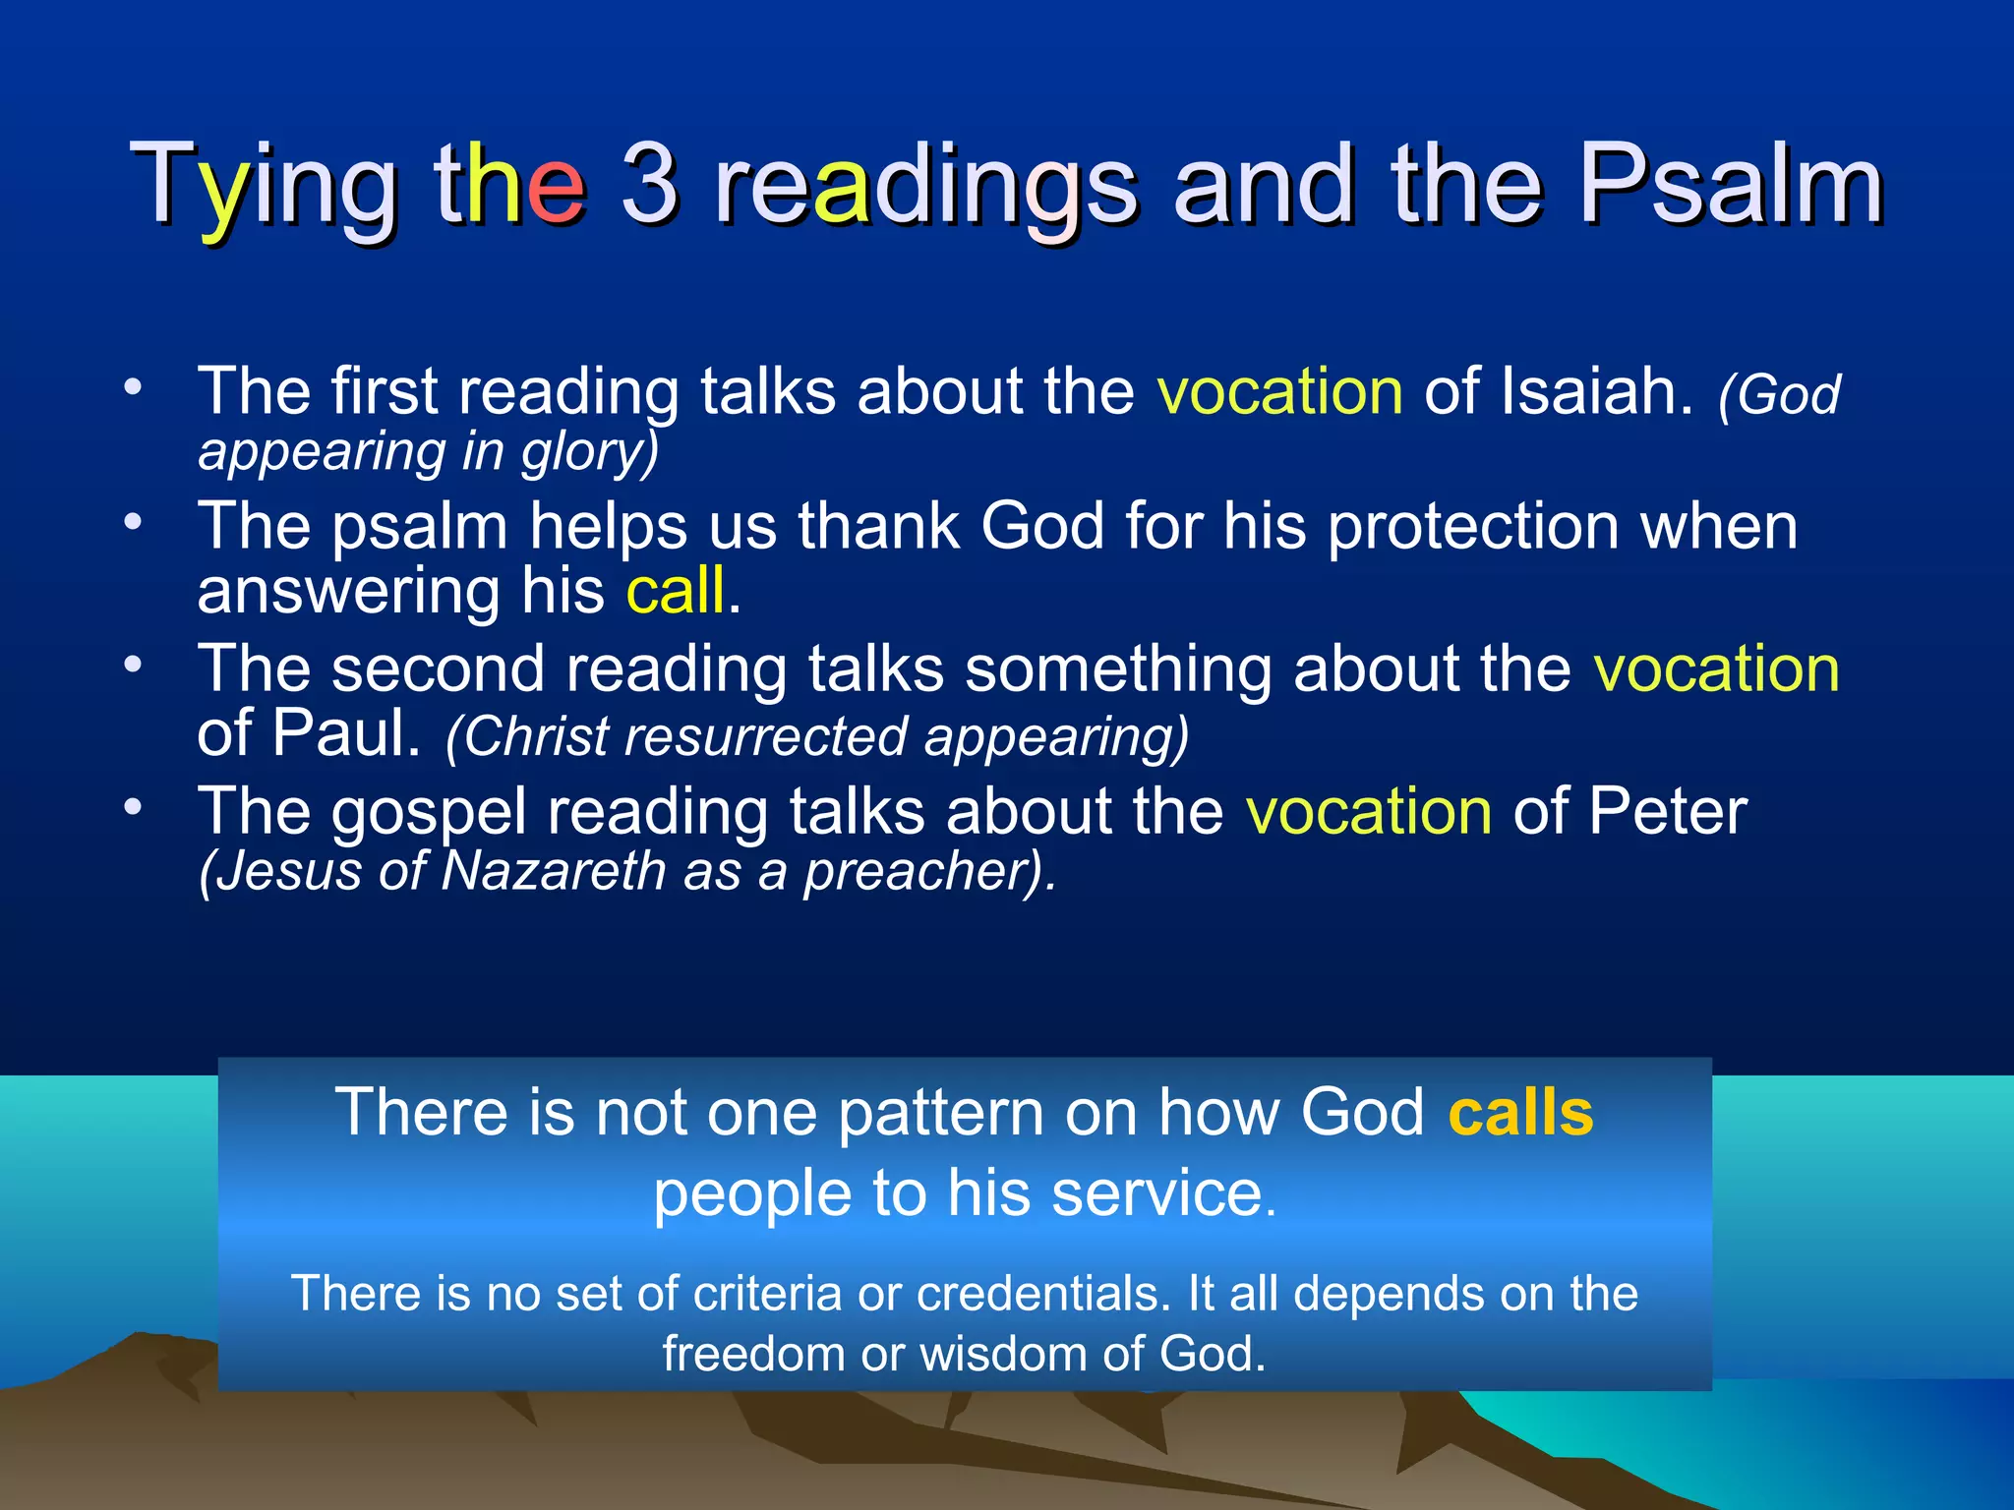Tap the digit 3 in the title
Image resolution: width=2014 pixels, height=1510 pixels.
[649, 185]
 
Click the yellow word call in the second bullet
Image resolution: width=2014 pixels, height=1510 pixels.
[677, 591]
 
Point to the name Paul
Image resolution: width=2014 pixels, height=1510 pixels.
[346, 733]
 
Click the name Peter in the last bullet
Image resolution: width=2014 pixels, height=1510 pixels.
[1667, 812]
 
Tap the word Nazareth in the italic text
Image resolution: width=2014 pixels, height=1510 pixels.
[554, 871]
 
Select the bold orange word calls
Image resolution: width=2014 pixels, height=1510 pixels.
[1520, 1113]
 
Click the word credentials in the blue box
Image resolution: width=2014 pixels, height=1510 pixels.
[1042, 1294]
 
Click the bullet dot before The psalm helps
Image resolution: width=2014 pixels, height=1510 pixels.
[134, 522]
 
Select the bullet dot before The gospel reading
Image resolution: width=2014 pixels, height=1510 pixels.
[134, 807]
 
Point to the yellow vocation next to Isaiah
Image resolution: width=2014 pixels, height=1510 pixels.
[1279, 391]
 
